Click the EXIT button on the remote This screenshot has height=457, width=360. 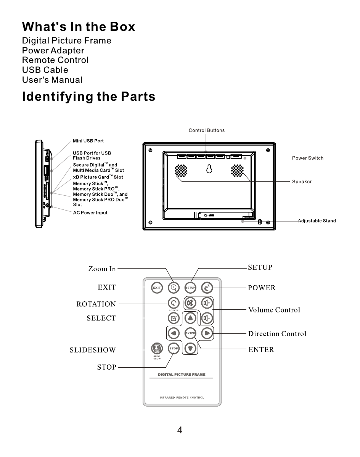pyautogui.click(x=157, y=288)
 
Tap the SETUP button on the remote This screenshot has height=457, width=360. pyautogui.click(x=190, y=288)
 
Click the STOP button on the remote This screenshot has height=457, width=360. pyautogui.click(x=174, y=348)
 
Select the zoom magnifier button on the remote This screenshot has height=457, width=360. pyautogui.click(x=174, y=287)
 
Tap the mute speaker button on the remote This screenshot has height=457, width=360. pyautogui.click(x=190, y=304)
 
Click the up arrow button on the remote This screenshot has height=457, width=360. pyautogui.click(x=190, y=318)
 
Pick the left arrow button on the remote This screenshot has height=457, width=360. pyautogui.click(x=174, y=333)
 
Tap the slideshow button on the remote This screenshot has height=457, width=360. pyautogui.click(x=156, y=348)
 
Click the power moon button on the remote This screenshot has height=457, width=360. pyautogui.click(x=207, y=287)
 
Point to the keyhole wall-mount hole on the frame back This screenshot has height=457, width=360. pyautogui.click(x=209, y=169)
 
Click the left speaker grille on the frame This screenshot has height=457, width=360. pyautogui.click(x=181, y=171)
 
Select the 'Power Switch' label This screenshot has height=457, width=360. pyautogui.click(x=307, y=158)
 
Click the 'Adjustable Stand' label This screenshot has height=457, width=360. pyautogui.click(x=317, y=221)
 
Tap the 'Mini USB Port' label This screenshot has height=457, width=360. pyautogui.click(x=88, y=141)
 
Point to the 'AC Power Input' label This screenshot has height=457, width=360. pyautogui.click(x=90, y=213)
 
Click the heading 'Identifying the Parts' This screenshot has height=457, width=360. pyautogui.click(x=88, y=97)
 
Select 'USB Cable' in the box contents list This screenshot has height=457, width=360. pyautogui.click(x=45, y=70)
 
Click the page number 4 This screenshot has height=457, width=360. pyautogui.click(x=180, y=431)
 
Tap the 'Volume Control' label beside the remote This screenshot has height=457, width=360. pyautogui.click(x=274, y=310)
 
